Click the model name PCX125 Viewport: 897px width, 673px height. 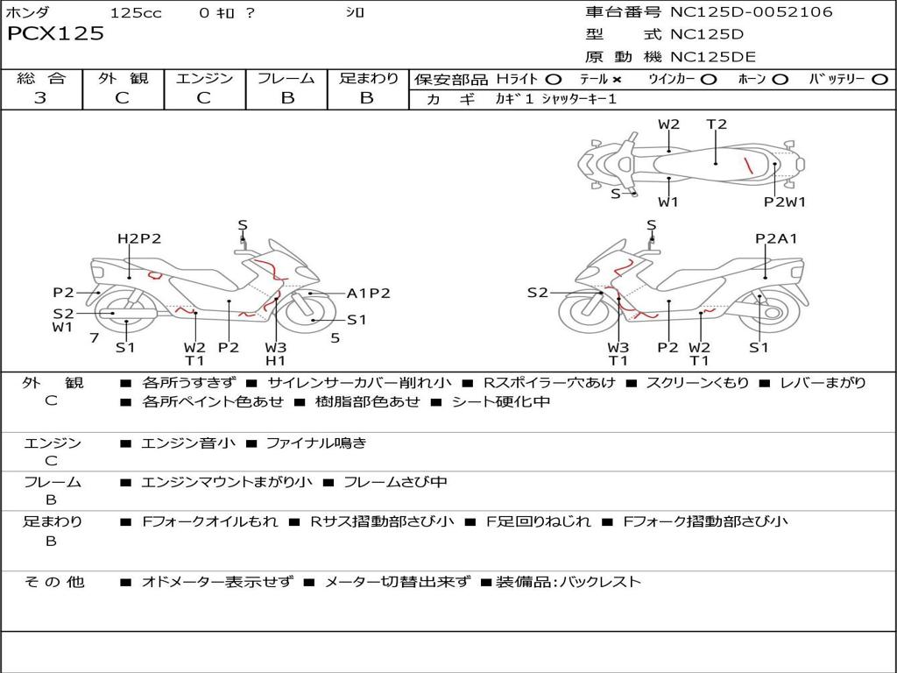(55, 33)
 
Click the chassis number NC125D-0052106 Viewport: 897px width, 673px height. (751, 11)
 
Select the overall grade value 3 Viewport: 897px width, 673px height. (40, 97)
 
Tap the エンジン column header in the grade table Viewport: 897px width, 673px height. (204, 78)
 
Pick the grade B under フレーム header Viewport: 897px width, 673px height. (287, 98)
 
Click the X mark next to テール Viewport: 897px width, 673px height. (616, 80)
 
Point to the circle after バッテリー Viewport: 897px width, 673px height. (879, 80)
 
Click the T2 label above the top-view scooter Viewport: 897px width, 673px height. (717, 124)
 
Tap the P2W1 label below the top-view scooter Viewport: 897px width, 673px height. (784, 202)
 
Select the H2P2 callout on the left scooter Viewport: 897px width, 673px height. (139, 238)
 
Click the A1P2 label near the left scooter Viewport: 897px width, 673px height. (369, 293)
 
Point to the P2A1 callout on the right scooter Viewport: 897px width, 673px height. (776, 238)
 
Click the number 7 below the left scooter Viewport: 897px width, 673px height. (95, 337)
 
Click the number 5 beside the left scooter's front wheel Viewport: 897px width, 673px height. (335, 337)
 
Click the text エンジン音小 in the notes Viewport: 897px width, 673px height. (187, 443)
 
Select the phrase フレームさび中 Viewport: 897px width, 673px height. (395, 482)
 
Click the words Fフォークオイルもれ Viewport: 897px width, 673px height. (210, 521)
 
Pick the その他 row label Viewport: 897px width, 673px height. (54, 582)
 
